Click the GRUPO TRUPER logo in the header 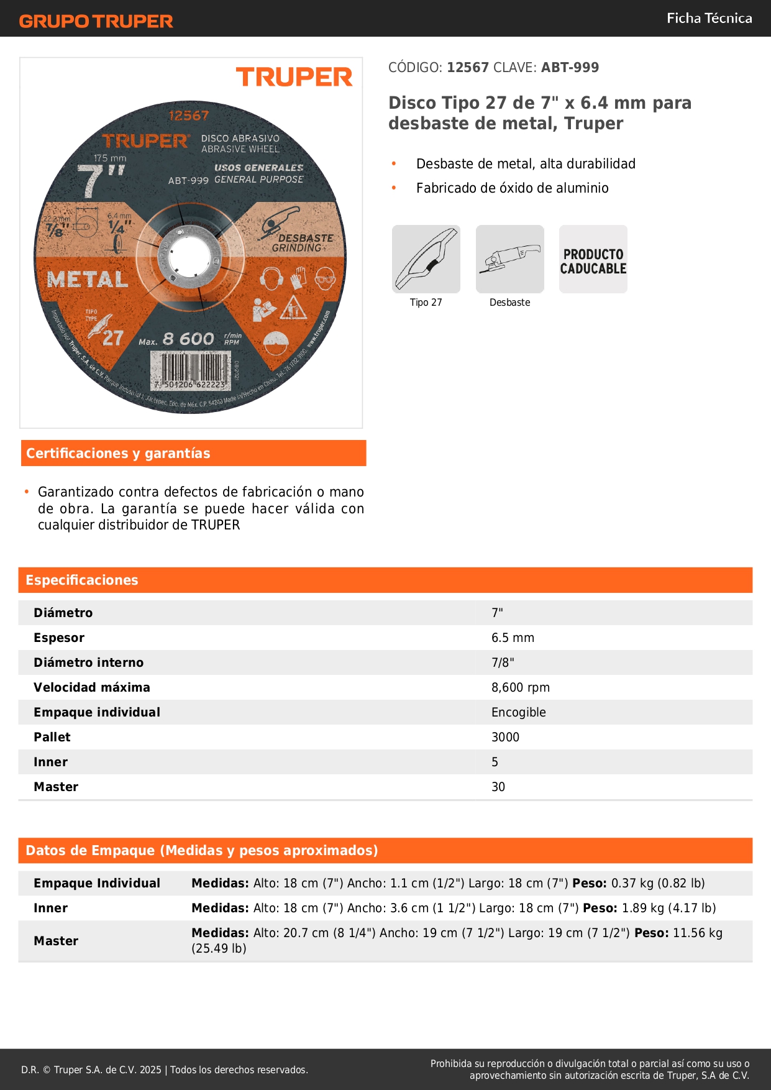[x=96, y=21]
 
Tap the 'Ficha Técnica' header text [x=709, y=18]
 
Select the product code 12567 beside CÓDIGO [x=468, y=68]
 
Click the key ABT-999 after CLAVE [x=570, y=68]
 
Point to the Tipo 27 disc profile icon [x=426, y=259]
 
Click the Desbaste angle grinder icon [x=509, y=259]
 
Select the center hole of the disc [x=189, y=256]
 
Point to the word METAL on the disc [x=88, y=280]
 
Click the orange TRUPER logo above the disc [x=294, y=78]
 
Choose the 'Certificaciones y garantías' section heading [x=118, y=454]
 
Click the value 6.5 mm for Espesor [x=513, y=638]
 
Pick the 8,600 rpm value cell [x=520, y=687]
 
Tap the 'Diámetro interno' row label [x=88, y=662]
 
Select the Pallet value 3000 [x=505, y=737]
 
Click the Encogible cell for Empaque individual [x=518, y=712]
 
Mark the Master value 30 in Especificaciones [x=498, y=787]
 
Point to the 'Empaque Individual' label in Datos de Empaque [x=97, y=883]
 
